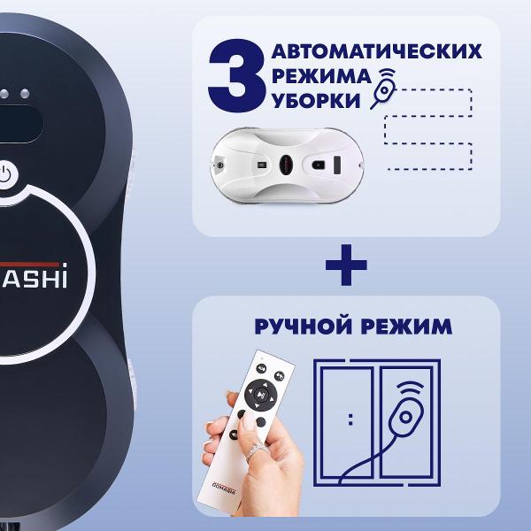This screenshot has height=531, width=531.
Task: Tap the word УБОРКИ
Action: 316,101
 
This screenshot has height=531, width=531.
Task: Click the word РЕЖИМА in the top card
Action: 320,75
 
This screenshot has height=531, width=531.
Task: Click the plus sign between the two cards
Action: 345,264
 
